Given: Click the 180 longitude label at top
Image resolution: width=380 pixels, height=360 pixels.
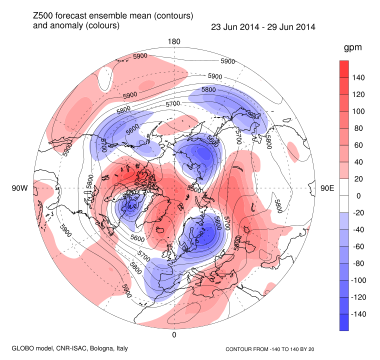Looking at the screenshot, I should click(x=174, y=41).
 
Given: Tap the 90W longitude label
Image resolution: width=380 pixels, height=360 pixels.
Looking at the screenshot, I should click(x=19, y=188).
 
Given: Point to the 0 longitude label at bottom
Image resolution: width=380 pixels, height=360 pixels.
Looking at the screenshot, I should click(x=174, y=335).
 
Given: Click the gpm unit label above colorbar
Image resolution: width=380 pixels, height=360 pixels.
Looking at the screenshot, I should click(x=352, y=48).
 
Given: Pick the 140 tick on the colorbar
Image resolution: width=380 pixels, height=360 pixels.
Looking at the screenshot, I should click(x=360, y=77).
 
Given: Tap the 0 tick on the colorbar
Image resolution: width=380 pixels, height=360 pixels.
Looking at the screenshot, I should click(x=357, y=196).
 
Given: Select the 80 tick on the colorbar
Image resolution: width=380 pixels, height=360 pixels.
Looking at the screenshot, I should click(x=360, y=128).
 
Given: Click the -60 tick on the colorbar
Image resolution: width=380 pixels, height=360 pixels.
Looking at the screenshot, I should click(x=360, y=246).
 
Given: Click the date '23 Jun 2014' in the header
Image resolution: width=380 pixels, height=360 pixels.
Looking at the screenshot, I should click(x=233, y=26).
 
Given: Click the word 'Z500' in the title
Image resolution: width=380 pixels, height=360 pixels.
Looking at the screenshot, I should click(x=43, y=16).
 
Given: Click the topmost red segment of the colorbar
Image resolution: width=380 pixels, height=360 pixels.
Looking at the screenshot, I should click(x=343, y=69).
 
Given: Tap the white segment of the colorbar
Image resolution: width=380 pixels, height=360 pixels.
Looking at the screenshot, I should click(x=343, y=195).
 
